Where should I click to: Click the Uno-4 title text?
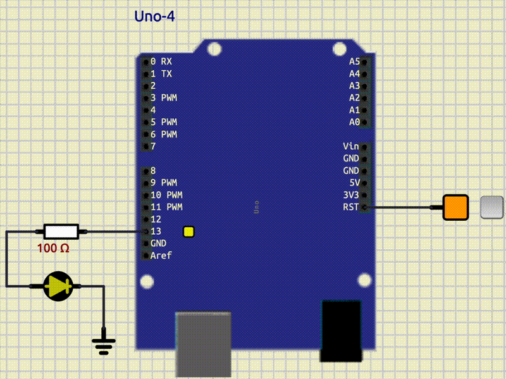154,16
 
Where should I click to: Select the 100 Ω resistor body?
61,232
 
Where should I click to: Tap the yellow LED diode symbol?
59,286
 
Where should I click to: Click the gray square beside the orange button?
491,208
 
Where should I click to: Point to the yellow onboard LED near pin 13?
188,232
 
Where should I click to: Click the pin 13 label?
156,232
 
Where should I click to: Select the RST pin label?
350,207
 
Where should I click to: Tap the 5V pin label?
353,183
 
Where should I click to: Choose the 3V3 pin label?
350,195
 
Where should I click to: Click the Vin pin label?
350,146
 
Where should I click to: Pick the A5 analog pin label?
354,61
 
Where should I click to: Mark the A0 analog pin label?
354,122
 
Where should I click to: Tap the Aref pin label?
161,256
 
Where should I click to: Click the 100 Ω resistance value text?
53,249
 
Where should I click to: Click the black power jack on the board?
342,330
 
